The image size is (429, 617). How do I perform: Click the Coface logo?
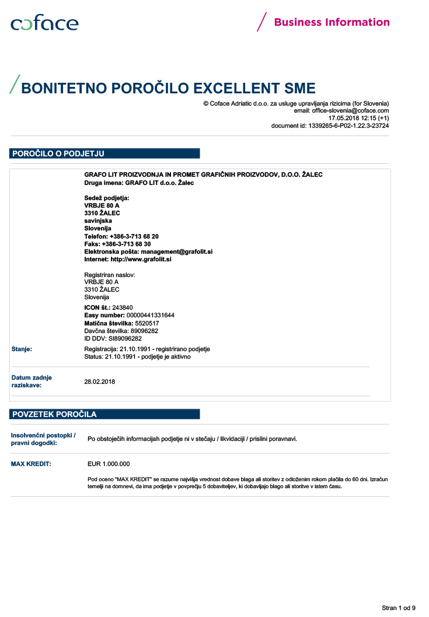44,23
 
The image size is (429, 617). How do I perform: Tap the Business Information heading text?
332,22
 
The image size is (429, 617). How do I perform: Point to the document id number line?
330,125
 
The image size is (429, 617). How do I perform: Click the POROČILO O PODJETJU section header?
58,154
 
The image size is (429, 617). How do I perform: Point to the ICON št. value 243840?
123,307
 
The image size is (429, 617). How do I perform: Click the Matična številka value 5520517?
147,323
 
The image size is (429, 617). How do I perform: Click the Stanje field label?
22,349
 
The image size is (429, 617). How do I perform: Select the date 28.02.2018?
100,381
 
